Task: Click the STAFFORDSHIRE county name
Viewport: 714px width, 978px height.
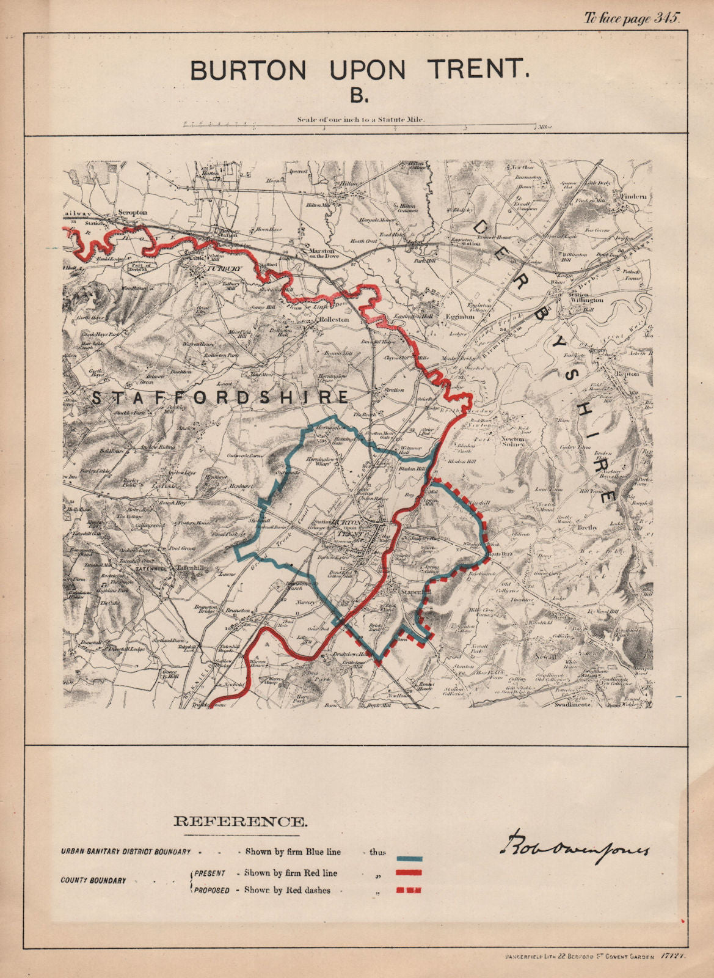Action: [220, 397]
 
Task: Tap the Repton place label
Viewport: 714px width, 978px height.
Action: [630, 373]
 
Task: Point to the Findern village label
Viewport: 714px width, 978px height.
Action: [634, 197]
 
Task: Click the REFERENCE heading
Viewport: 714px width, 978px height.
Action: [240, 822]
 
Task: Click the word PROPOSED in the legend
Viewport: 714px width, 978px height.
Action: [212, 891]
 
